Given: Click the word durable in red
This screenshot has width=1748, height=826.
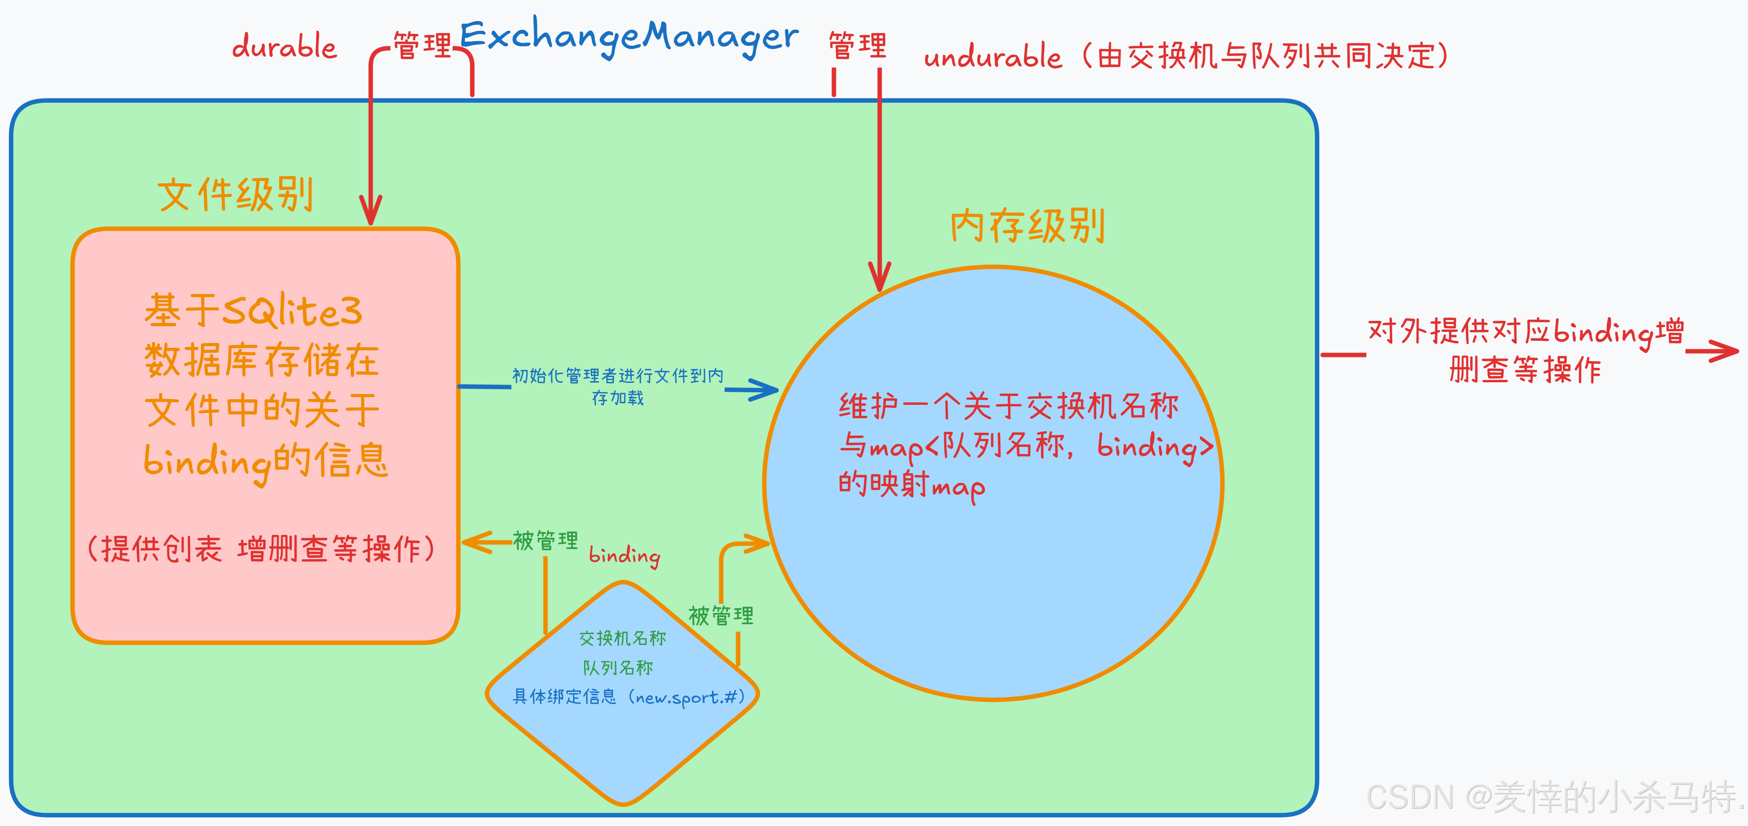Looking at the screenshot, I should click(x=284, y=46).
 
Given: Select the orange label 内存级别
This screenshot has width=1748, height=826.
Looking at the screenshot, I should click(x=1027, y=226).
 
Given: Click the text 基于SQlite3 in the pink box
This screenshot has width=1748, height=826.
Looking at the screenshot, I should click(x=253, y=311).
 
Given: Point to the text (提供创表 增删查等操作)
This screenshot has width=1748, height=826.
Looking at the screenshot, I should click(x=261, y=549).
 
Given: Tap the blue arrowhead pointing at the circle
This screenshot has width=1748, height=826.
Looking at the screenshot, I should click(x=767, y=390).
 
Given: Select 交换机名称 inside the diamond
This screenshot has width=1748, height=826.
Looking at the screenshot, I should click(x=622, y=638).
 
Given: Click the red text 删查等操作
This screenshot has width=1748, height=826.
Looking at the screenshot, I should click(x=1525, y=370).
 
